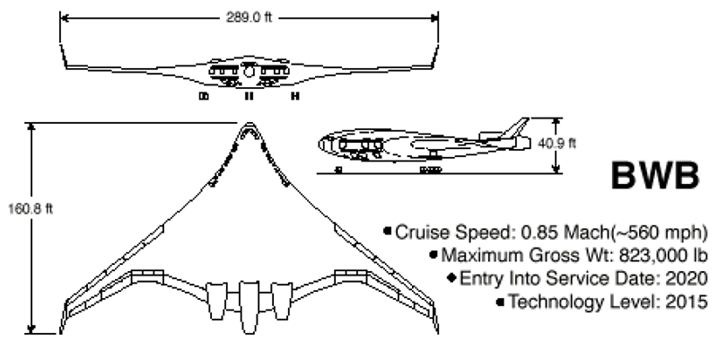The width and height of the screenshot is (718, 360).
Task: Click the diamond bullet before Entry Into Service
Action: coord(452,278)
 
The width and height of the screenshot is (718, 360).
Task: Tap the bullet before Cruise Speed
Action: coord(387,232)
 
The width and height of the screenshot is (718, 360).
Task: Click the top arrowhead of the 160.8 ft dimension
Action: coord(34,126)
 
